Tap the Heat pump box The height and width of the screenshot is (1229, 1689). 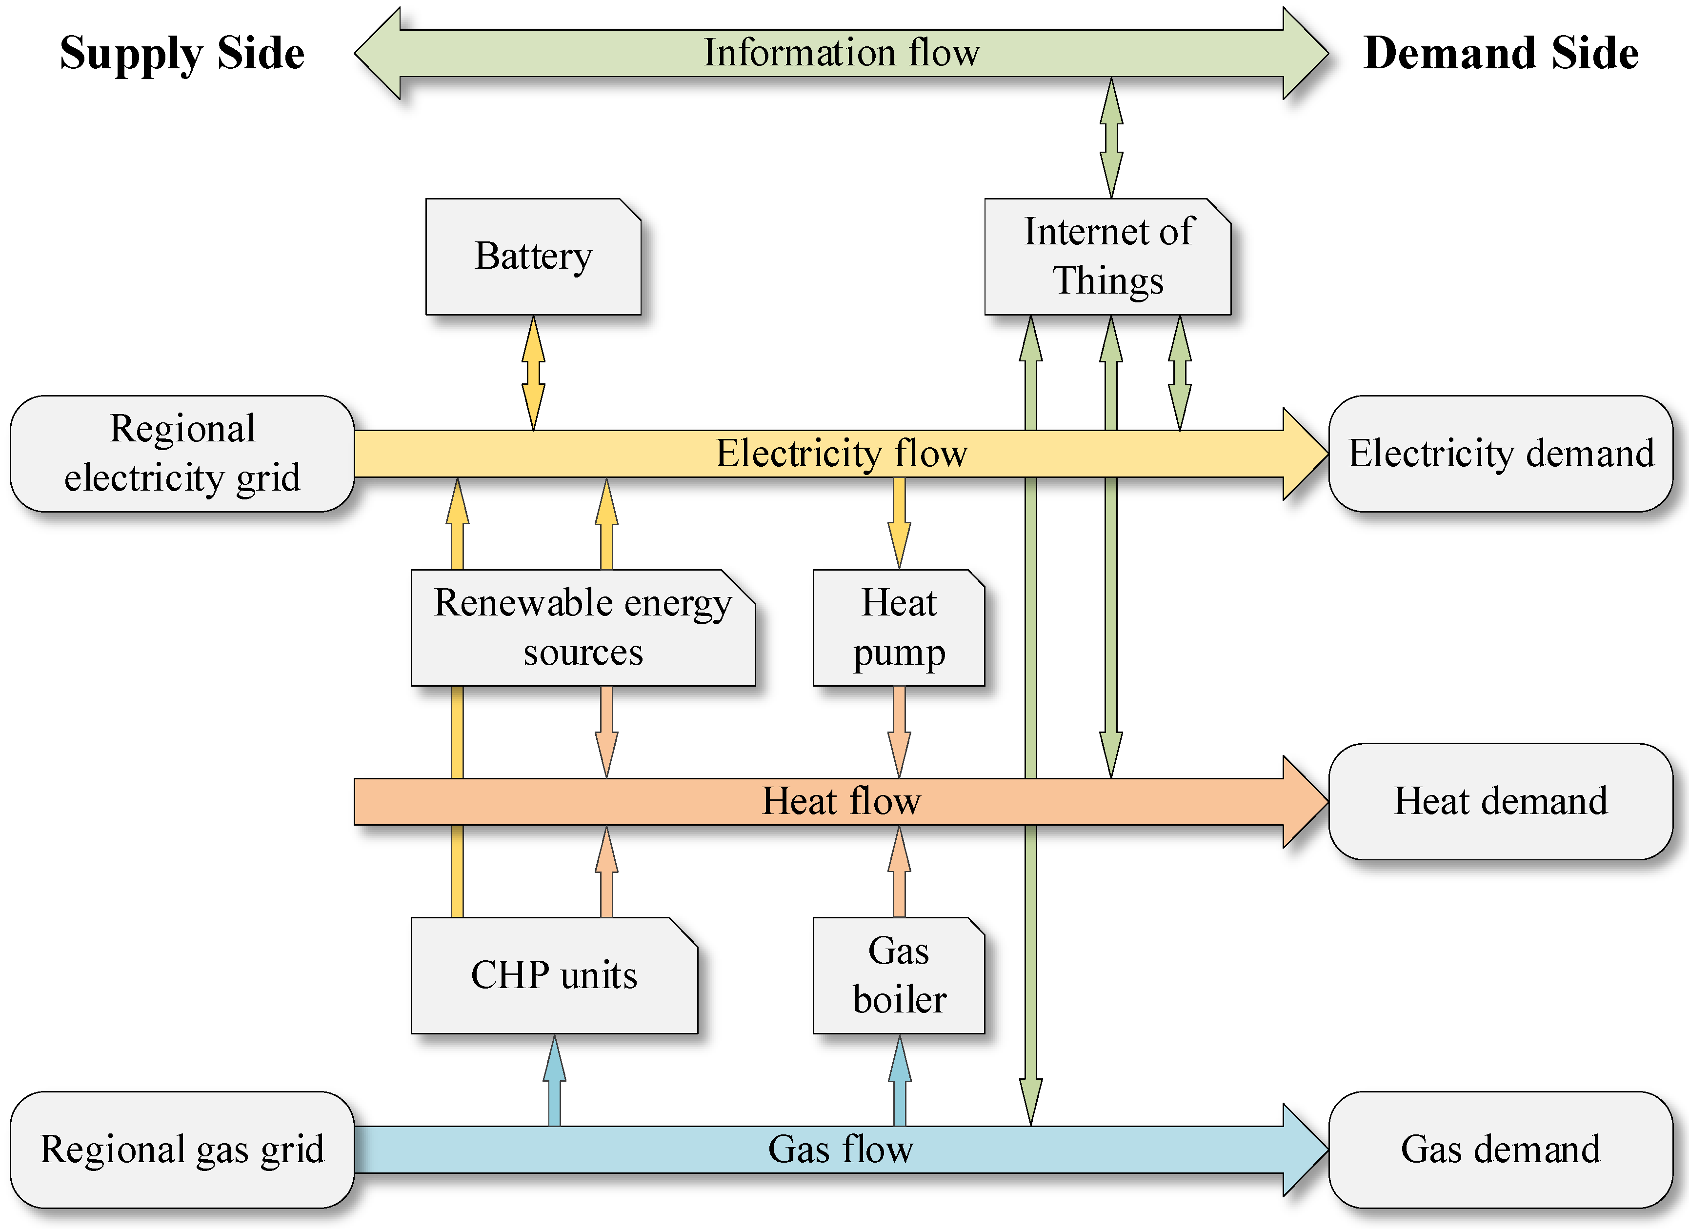[898, 628]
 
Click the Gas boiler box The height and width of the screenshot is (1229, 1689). [898, 975]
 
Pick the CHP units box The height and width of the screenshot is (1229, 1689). [554, 975]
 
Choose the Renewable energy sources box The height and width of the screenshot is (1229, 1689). [583, 628]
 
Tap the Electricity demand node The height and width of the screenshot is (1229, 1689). [1501, 454]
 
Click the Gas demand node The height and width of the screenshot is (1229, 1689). [1501, 1150]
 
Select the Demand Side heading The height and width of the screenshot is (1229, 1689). [1501, 54]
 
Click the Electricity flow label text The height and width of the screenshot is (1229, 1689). [842, 454]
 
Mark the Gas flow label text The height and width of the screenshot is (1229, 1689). [842, 1150]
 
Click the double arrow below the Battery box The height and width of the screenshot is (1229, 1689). [533, 372]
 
